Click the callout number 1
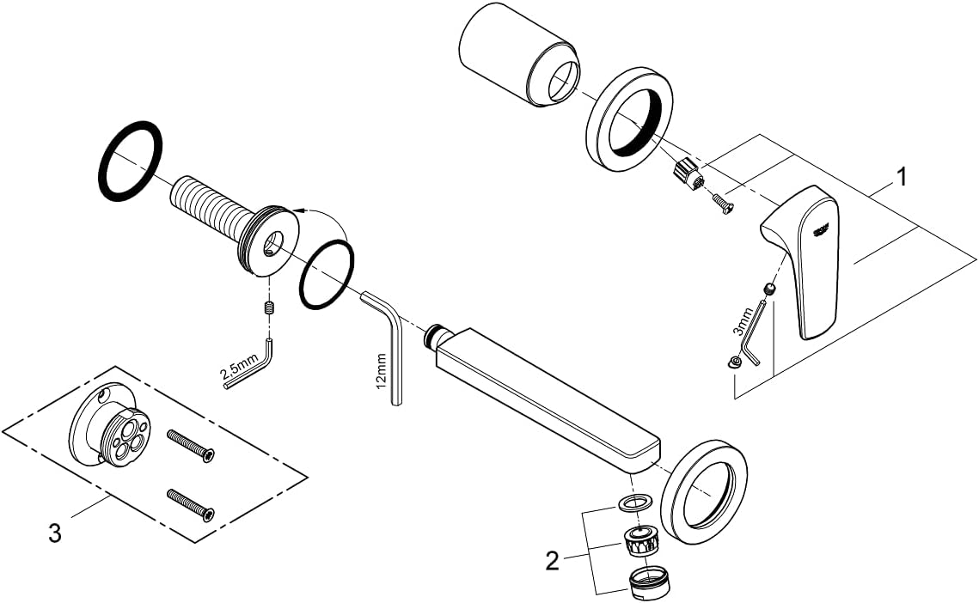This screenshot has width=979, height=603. point(900,178)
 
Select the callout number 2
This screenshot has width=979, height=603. point(553,561)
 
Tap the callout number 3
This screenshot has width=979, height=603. point(54,533)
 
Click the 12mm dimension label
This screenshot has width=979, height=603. point(382,369)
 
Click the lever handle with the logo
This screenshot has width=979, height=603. point(805,258)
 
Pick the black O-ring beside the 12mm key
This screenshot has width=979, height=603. point(327,276)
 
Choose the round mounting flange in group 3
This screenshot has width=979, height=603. point(108,425)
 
